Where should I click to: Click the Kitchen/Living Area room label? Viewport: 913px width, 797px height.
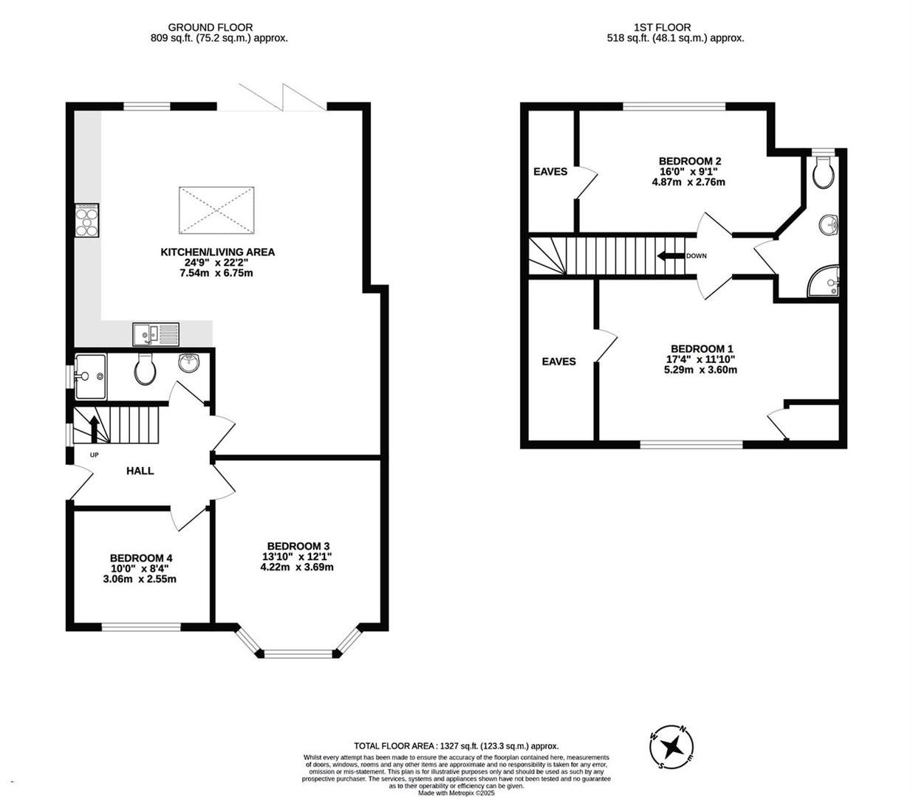click(217, 252)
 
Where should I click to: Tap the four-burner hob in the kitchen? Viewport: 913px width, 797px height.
click(87, 220)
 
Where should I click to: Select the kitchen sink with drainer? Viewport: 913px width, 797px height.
click(156, 334)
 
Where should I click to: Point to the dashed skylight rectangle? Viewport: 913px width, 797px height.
click(216, 210)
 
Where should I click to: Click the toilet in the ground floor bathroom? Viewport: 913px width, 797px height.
click(145, 369)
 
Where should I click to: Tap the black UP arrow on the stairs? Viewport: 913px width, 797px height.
click(94, 429)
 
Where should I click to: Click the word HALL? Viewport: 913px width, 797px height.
click(140, 471)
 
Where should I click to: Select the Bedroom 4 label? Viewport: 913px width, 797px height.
click(141, 558)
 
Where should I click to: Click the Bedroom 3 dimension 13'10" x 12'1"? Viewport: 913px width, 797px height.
click(297, 556)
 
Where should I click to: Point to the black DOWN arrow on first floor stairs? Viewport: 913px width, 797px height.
click(671, 256)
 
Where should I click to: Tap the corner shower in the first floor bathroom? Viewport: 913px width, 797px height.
click(824, 281)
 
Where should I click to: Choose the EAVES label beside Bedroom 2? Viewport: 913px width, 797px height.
click(550, 172)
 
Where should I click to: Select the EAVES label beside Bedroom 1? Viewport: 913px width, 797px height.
click(558, 362)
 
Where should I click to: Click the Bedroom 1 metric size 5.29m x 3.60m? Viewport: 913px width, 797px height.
click(700, 370)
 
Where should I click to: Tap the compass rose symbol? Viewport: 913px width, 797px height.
click(671, 746)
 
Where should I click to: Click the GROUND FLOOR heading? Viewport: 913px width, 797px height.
click(211, 27)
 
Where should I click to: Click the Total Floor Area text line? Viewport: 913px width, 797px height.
click(456, 746)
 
